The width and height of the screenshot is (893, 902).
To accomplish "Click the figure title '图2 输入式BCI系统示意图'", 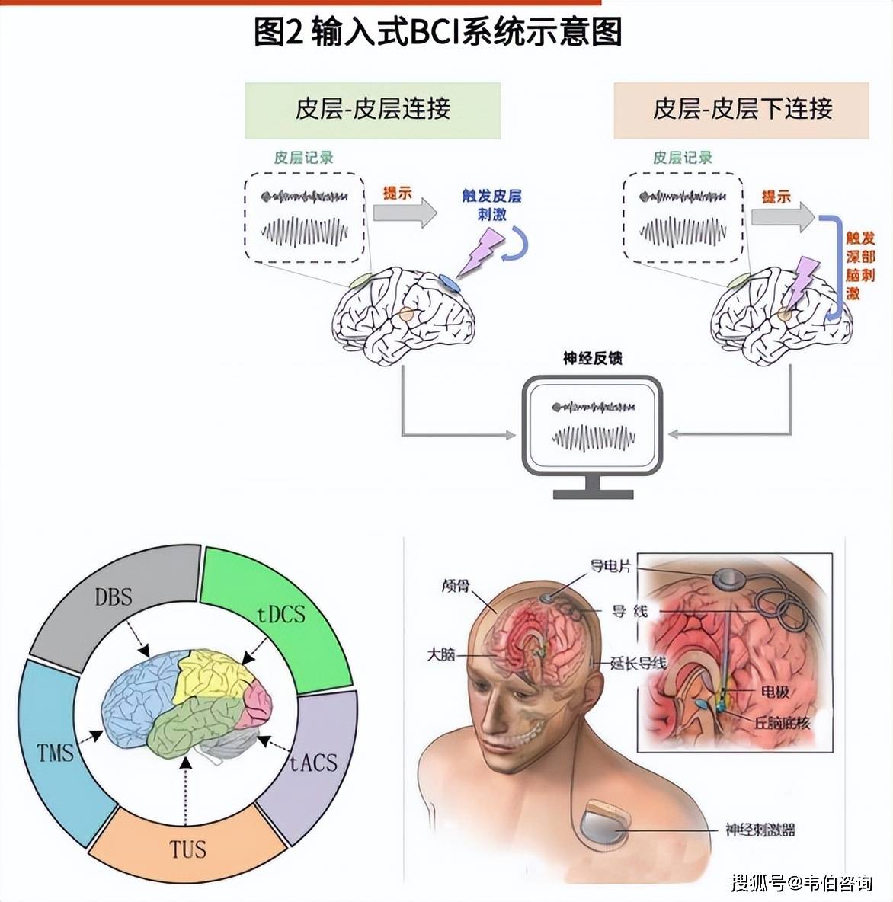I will click(x=437, y=33).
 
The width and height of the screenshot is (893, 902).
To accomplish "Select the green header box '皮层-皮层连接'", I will click(x=373, y=110).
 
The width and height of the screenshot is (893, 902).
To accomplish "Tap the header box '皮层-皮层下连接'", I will click(x=741, y=110).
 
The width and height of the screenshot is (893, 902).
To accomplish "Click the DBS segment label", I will click(x=114, y=596).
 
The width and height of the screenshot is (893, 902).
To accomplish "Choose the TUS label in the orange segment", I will click(x=187, y=849).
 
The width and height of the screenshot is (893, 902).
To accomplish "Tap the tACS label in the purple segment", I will click(x=313, y=762).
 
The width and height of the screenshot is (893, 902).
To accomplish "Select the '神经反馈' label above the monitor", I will click(x=592, y=358).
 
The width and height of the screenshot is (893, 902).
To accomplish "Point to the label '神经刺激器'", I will click(x=760, y=830).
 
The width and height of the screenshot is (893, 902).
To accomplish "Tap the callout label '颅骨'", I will click(x=456, y=586).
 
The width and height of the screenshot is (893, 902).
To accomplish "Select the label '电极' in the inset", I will click(x=775, y=692).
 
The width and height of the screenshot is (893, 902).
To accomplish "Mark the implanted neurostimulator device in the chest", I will click(x=605, y=827).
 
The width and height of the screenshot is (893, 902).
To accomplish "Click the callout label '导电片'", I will click(x=610, y=565).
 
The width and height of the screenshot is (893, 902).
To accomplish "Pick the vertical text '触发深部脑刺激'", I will click(x=860, y=265).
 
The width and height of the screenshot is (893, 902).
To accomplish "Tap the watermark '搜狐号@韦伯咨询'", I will click(x=801, y=883).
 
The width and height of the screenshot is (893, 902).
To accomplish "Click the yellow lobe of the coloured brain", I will click(x=210, y=674).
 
